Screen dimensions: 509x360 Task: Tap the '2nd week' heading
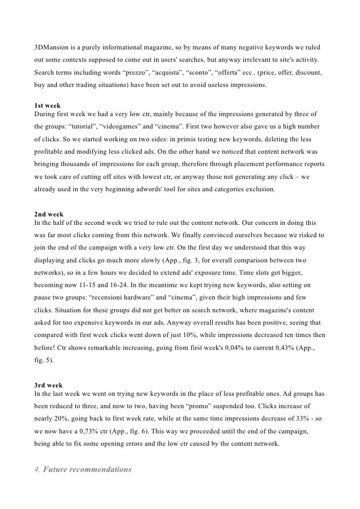pos(48,214)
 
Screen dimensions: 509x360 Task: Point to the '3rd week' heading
pos(48,385)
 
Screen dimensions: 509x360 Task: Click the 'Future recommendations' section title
pos(87,469)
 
